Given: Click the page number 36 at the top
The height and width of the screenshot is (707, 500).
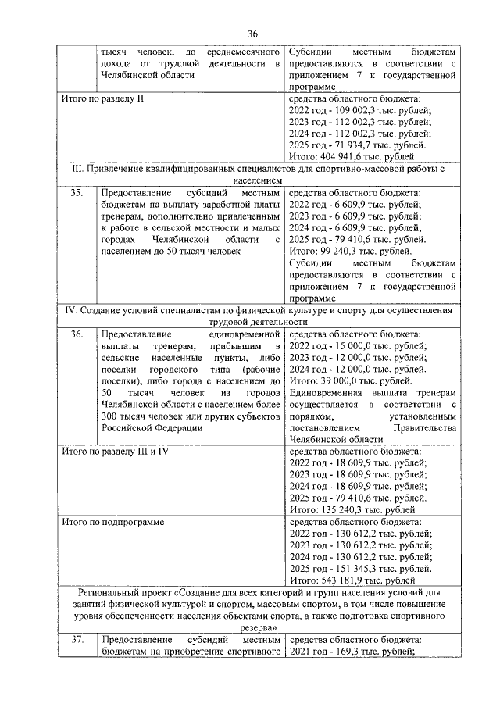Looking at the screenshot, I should (x=252, y=33).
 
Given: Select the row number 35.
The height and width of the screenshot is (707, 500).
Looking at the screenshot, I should (x=77, y=191).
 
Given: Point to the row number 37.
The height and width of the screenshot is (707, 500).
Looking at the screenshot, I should (x=77, y=641).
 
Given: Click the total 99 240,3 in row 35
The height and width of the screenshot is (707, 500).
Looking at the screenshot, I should (x=350, y=251).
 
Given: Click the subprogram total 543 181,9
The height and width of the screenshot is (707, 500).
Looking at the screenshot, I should (x=353, y=580).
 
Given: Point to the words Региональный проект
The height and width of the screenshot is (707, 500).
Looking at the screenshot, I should (x=116, y=593).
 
